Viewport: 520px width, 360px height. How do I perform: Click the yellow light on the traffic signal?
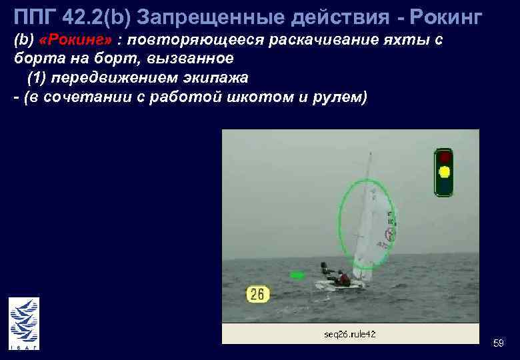(444, 173)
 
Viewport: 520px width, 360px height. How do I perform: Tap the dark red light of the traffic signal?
(444, 157)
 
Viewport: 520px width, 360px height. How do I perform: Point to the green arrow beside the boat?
(297, 275)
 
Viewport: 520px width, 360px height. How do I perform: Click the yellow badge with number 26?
(258, 294)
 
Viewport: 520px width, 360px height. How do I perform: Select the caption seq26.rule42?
(351, 333)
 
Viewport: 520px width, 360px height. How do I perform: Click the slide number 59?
(498, 343)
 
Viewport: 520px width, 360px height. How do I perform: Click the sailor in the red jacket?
(343, 278)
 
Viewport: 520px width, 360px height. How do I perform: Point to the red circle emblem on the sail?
(389, 235)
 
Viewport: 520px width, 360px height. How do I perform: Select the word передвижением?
(113, 78)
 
